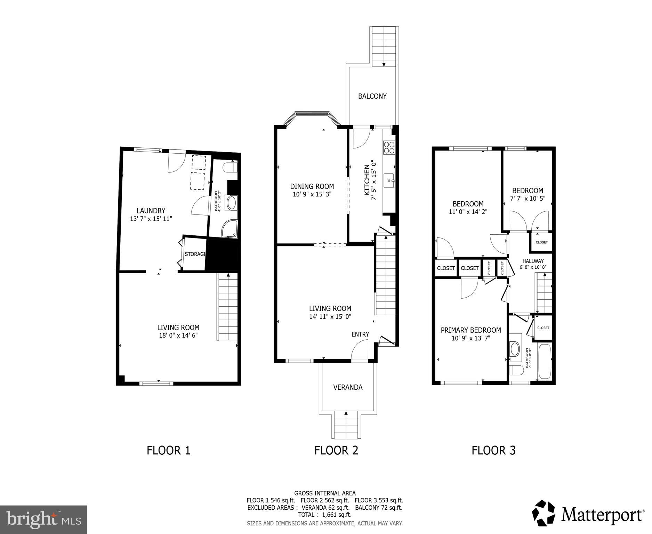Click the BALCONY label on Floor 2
tap(372, 96)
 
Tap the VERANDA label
tap(348, 387)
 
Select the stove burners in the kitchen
tap(389, 147)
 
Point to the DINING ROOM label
tap(312, 187)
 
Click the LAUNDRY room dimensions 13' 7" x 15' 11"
tap(151, 219)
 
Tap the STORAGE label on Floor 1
tap(195, 254)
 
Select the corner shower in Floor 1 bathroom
tap(230, 228)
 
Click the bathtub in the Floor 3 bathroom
tap(545, 362)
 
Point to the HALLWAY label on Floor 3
tap(533, 261)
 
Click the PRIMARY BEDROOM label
tap(471, 330)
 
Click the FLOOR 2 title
tap(336, 451)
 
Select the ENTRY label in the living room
tap(360, 334)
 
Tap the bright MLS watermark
tap(43, 519)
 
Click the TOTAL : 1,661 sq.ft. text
tap(325, 515)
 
